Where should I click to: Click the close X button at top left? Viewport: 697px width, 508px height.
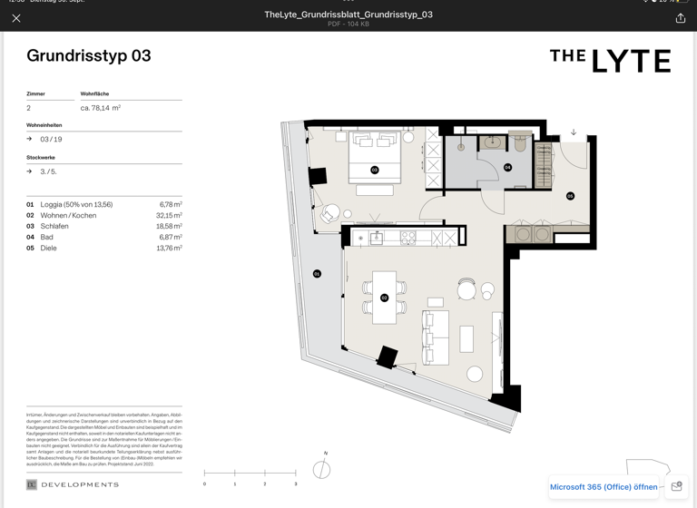click(x=16, y=18)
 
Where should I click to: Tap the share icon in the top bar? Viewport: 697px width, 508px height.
click(x=680, y=18)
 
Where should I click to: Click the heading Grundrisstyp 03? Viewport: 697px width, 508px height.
click(x=89, y=56)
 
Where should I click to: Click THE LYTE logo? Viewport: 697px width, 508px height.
click(x=610, y=60)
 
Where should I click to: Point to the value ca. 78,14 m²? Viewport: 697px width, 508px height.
click(x=101, y=108)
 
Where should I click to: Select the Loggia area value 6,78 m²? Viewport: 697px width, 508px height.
click(x=171, y=205)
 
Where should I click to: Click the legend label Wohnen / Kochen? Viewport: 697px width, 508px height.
click(x=68, y=216)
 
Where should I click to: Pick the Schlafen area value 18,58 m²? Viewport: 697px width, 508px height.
click(x=170, y=227)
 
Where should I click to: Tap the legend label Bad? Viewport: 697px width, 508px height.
click(x=47, y=238)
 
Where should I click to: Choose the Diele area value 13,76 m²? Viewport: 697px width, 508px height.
click(x=170, y=249)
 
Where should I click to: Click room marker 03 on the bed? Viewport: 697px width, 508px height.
click(x=374, y=170)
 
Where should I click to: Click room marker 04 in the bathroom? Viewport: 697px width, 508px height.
click(x=507, y=168)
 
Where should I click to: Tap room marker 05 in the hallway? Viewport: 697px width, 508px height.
click(x=570, y=196)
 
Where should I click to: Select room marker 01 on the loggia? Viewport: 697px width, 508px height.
click(x=317, y=274)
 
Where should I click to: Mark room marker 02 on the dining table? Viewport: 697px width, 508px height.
click(x=384, y=298)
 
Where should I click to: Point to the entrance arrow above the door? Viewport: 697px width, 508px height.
click(x=574, y=132)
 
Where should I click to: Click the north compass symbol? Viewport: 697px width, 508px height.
click(x=321, y=469)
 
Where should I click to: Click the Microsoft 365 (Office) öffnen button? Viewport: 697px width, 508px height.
click(x=604, y=487)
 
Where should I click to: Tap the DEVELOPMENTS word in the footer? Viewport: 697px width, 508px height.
click(x=80, y=485)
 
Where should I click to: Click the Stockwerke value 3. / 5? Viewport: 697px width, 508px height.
click(x=48, y=171)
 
